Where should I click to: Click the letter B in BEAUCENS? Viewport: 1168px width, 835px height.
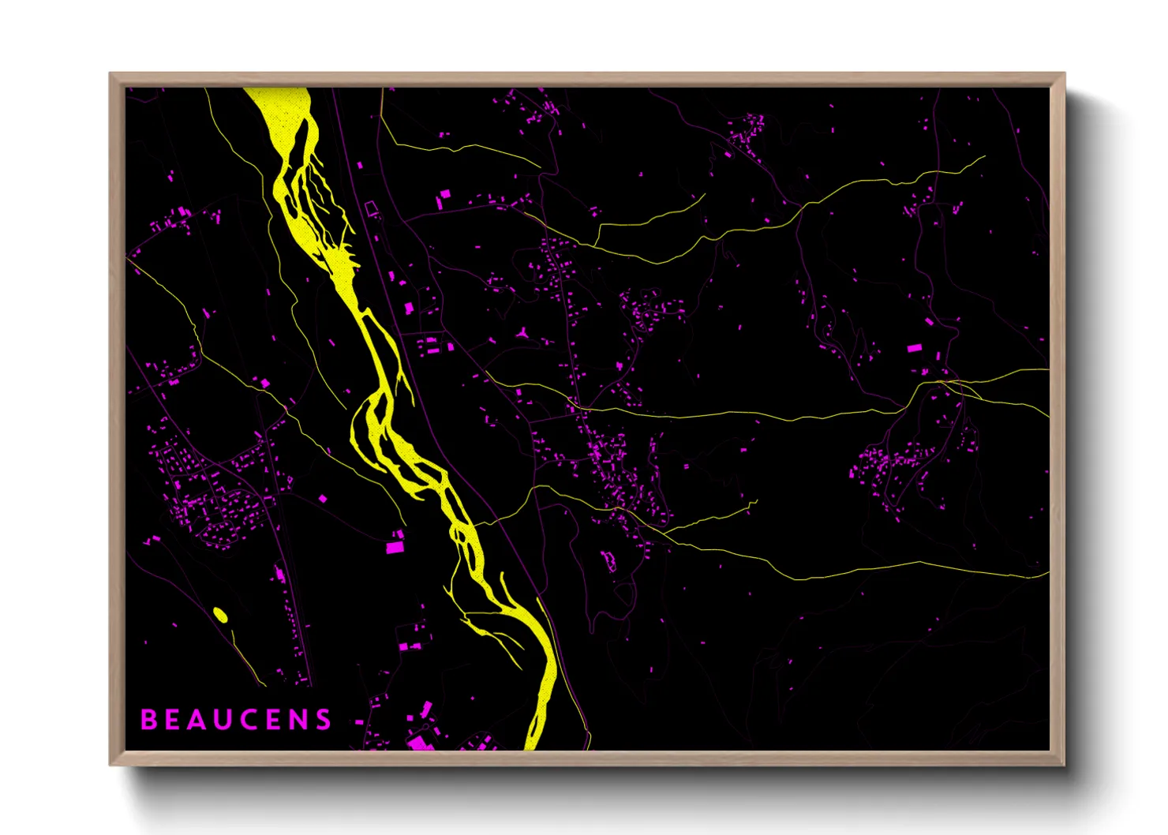(x=148, y=720)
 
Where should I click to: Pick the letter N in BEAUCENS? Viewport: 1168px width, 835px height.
(x=298, y=720)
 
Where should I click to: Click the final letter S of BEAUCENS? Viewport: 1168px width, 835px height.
(x=324, y=720)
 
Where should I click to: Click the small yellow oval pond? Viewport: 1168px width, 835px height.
(x=221, y=615)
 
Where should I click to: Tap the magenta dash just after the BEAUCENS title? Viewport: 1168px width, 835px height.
(x=360, y=721)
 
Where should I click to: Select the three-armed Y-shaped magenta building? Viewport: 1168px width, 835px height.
(x=523, y=334)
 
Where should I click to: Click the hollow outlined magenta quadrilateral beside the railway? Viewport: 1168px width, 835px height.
(x=371, y=208)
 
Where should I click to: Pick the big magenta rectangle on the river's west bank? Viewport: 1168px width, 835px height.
(x=395, y=546)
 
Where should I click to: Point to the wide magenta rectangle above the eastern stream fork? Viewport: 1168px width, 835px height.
(x=915, y=347)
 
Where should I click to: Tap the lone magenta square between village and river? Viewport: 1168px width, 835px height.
(x=323, y=498)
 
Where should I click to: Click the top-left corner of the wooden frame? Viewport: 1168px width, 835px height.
(x=110, y=74)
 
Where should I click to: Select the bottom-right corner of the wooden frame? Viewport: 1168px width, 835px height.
(x=1064, y=764)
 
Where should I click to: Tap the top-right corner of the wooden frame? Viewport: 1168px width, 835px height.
(x=1064, y=74)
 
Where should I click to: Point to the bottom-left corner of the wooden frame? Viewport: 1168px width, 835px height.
(x=110, y=764)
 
